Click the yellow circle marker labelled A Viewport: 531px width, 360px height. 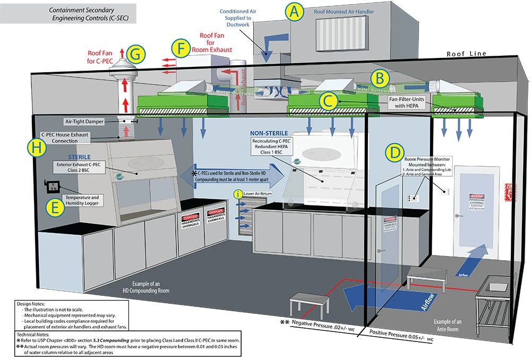pos(294,12)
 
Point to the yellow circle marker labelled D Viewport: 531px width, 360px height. pos(394,153)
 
